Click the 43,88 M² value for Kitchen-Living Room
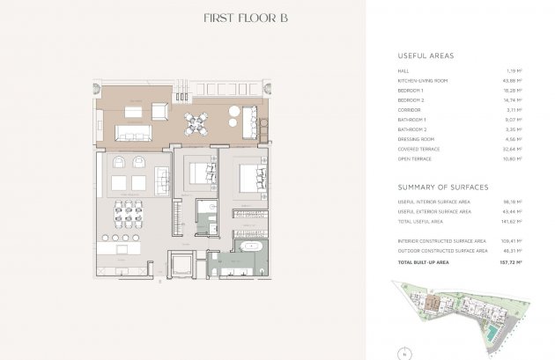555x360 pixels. pyautogui.click(x=513, y=81)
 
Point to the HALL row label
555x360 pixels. pyautogui.click(x=404, y=70)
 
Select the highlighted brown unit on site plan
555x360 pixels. pyautogui.click(x=434, y=305)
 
